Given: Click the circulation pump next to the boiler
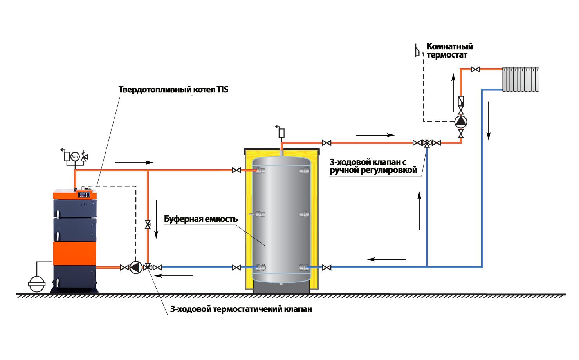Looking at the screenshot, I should [136, 268].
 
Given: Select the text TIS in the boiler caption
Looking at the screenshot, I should [222, 90].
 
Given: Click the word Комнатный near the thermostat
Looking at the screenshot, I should [450, 47].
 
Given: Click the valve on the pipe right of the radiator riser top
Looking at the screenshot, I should [475, 69].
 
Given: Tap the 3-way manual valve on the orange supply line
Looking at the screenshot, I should [427, 143].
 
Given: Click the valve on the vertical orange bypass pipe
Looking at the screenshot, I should [148, 224].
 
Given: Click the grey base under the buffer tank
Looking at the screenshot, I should [282, 288].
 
